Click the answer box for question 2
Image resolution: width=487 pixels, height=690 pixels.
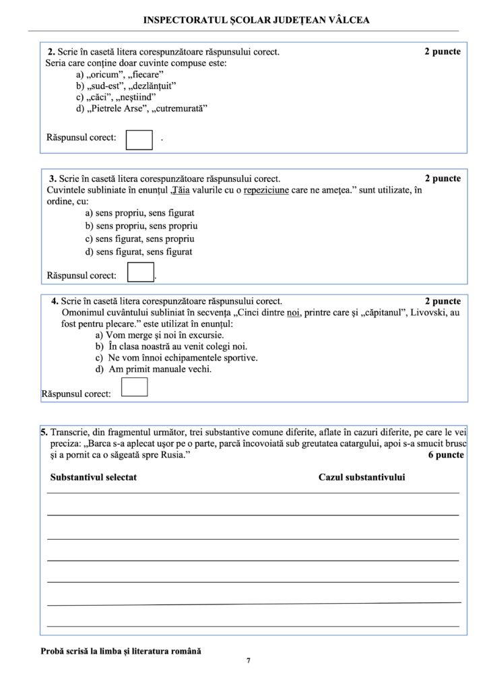pyautogui.click(x=139, y=138)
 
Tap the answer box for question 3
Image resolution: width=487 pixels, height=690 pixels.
pyautogui.click(x=141, y=272)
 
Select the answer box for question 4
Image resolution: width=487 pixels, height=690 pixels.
pyautogui.click(x=134, y=387)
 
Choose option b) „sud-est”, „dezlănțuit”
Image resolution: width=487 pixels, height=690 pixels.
pyautogui.click(x=126, y=86)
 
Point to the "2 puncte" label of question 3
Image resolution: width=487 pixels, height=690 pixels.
pyautogui.click(x=443, y=179)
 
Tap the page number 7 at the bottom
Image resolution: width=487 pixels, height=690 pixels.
pyautogui.click(x=248, y=660)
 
